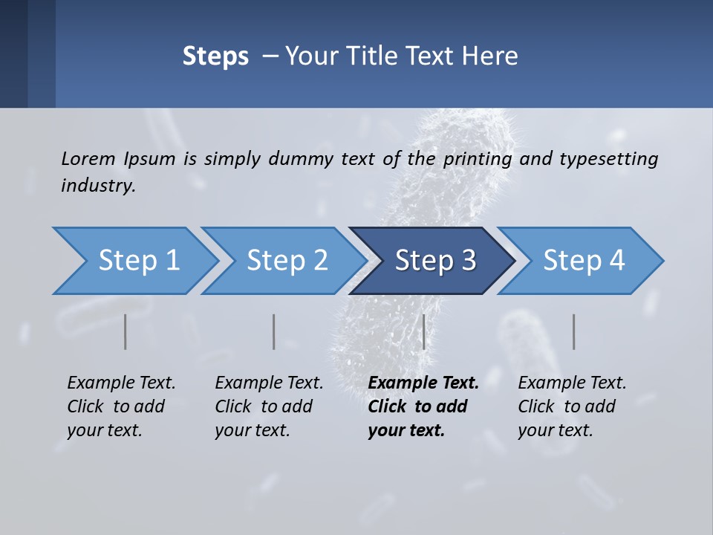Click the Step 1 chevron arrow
point(134,261)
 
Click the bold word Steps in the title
point(215,56)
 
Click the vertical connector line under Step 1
point(126,331)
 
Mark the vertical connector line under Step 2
point(274,331)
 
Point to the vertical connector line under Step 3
point(423,331)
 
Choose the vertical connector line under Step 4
point(573,331)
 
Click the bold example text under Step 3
point(423,406)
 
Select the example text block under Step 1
point(121,406)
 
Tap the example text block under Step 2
point(269,406)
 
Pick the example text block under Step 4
point(572,406)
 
